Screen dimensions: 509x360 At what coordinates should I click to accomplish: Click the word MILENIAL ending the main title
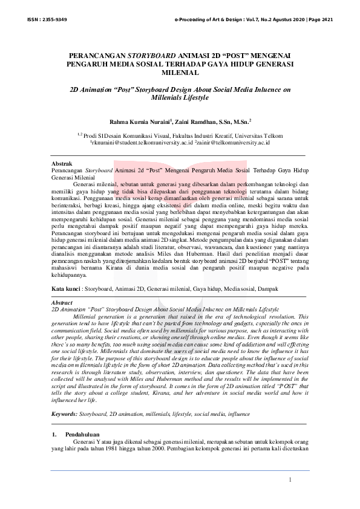[180, 73]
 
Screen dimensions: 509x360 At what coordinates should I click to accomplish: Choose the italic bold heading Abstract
[62, 302]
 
